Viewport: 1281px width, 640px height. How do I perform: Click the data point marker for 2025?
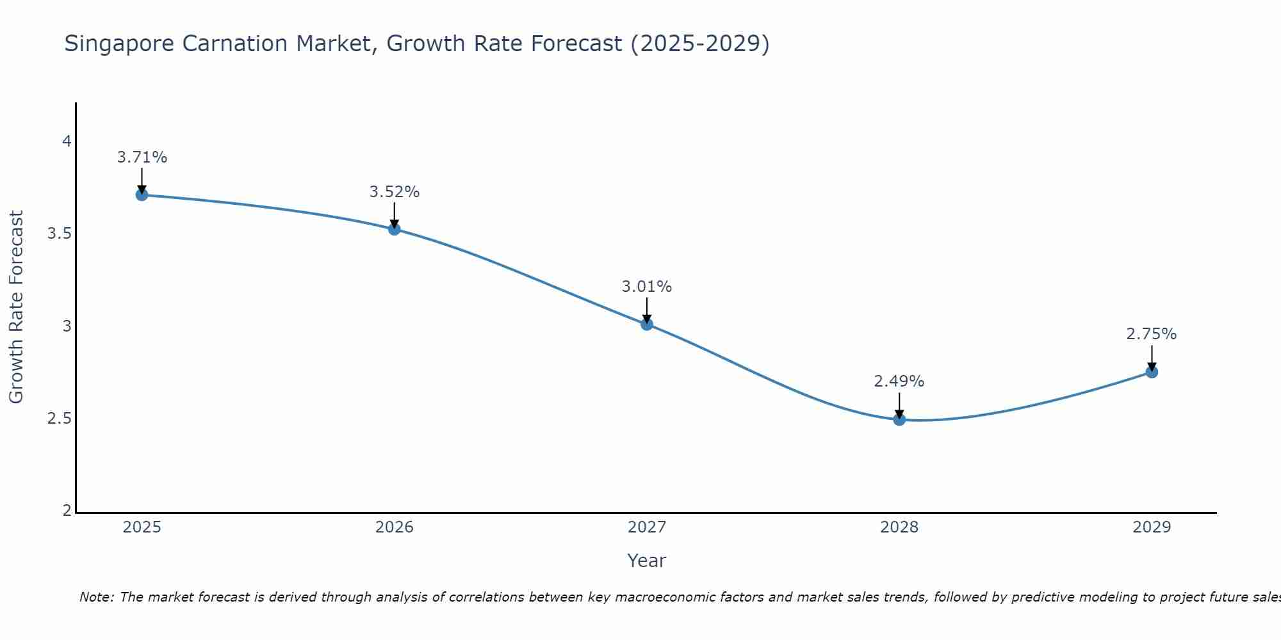pos(142,195)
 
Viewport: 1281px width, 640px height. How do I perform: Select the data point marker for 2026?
pos(395,229)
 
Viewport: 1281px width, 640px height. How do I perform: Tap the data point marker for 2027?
pos(647,324)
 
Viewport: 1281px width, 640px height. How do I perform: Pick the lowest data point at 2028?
pos(899,420)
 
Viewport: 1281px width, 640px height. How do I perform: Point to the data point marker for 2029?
pos(1152,372)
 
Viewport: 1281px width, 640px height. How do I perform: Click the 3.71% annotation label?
pos(142,157)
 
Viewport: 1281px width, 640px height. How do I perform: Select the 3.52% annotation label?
pos(395,192)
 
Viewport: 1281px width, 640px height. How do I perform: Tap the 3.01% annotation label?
pos(647,287)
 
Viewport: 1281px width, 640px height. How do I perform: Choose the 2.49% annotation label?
pos(899,381)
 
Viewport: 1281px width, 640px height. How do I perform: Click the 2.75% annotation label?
pos(1152,334)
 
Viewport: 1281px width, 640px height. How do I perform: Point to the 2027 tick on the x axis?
pos(647,527)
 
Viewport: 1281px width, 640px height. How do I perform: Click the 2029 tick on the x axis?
pos(1152,527)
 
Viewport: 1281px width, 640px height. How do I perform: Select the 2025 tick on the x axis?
pos(142,527)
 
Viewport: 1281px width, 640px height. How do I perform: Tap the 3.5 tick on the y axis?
pos(59,234)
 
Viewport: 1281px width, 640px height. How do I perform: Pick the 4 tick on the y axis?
pos(67,141)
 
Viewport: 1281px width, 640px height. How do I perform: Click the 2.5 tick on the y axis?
pos(59,419)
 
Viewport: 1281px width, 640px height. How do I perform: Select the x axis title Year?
pos(647,561)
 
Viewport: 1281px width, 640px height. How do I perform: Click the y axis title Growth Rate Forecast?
pos(17,307)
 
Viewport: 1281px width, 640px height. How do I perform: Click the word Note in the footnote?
pos(96,597)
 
